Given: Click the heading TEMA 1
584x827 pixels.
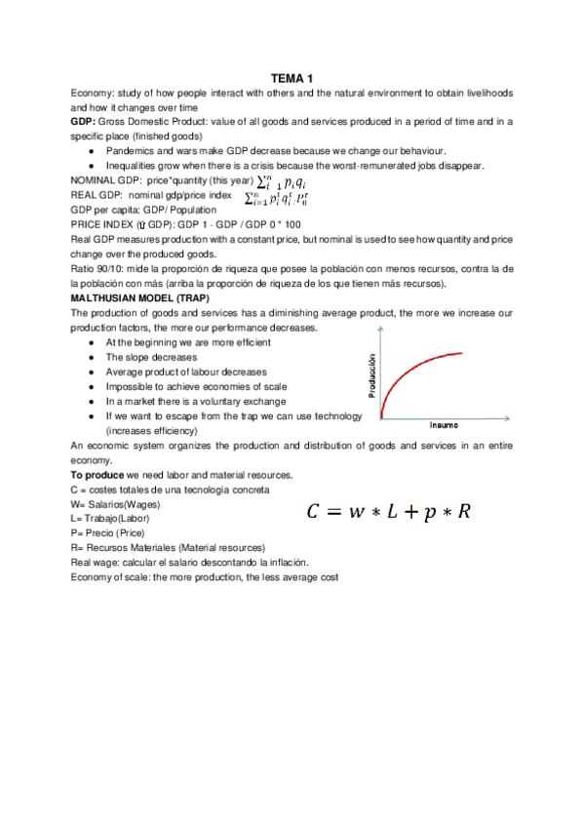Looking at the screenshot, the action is pos(292,78).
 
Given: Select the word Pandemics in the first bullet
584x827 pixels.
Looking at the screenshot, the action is pos(131,151).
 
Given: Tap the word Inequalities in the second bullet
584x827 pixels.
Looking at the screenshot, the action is pos(135,166).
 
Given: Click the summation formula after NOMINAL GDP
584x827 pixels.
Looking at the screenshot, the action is pos(280,181).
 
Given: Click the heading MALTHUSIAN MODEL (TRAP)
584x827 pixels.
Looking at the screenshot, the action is pos(134,297).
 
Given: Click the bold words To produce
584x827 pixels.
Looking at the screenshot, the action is pos(95,474).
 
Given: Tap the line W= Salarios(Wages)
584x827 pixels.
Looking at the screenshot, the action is pos(116,504).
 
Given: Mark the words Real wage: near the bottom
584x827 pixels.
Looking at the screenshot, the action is pos(94,563).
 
